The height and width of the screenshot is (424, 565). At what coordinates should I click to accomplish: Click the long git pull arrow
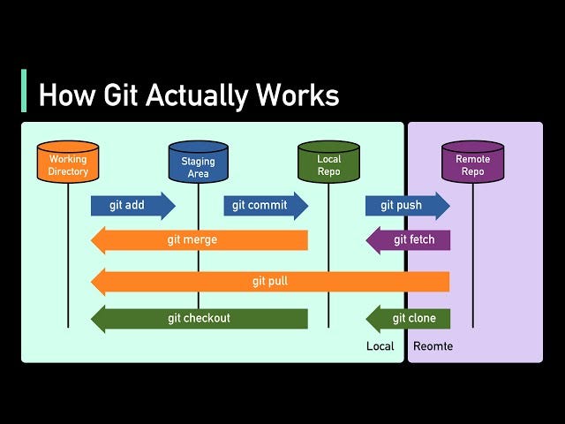pos(270,282)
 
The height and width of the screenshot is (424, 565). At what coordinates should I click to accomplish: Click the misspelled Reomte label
pos(433,346)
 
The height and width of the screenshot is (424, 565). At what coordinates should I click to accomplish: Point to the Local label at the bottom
pos(380,346)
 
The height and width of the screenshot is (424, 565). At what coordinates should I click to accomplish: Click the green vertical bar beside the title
pos(24,91)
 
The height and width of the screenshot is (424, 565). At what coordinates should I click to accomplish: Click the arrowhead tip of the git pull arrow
pos(94,282)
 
